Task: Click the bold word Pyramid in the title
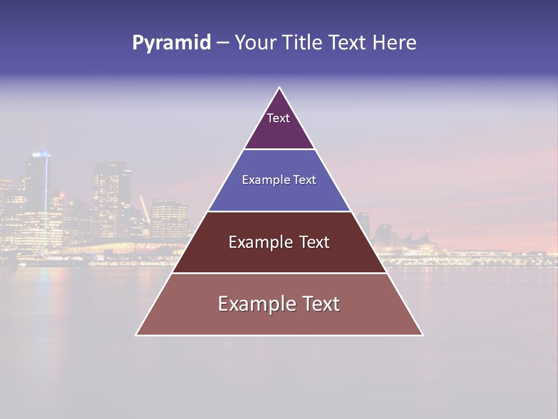click(171, 43)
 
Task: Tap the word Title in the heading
click(302, 43)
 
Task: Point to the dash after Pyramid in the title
click(222, 43)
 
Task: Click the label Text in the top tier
click(278, 119)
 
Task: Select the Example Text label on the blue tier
click(279, 180)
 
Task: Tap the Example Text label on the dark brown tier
click(279, 242)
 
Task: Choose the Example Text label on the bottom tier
click(279, 304)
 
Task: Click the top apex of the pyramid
click(280, 88)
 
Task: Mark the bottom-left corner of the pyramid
click(137, 335)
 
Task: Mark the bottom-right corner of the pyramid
click(423, 335)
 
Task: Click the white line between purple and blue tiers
click(279, 150)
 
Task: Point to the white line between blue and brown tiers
click(279, 211)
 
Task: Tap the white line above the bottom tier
click(279, 273)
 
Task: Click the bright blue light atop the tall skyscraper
click(42, 154)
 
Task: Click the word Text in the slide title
click(348, 43)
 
